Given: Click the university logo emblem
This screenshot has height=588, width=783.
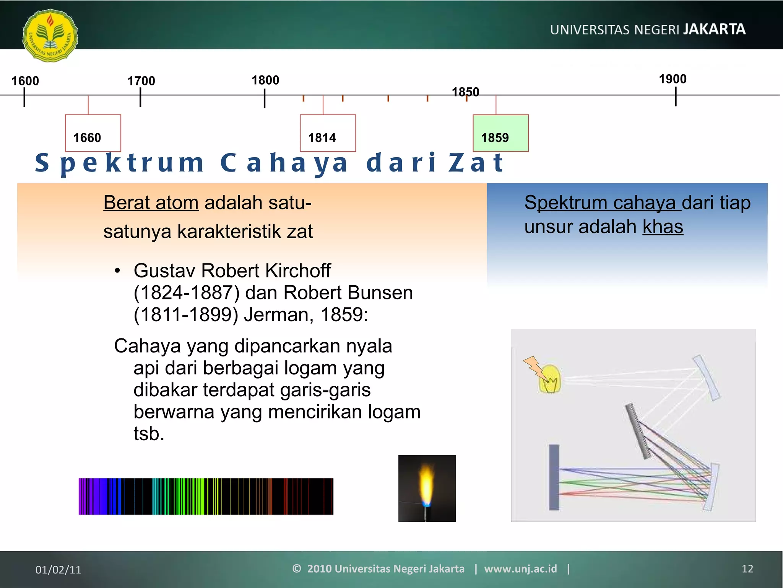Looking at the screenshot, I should pyautogui.click(x=50, y=35).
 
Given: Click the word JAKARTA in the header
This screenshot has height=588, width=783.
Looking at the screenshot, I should pyautogui.click(x=714, y=29).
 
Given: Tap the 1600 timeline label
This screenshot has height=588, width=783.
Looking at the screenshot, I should pyautogui.click(x=25, y=81).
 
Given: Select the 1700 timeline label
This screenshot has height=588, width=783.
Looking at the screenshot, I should pyautogui.click(x=141, y=81).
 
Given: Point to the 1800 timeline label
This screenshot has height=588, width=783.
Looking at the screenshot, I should pyautogui.click(x=265, y=80).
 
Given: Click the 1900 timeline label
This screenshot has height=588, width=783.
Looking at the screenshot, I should pyautogui.click(x=673, y=79).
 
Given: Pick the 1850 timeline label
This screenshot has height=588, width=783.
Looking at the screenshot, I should pyautogui.click(x=465, y=92).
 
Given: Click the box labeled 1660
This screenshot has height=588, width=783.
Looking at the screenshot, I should pyautogui.click(x=93, y=133).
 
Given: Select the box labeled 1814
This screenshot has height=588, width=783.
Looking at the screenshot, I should pyautogui.click(x=328, y=133).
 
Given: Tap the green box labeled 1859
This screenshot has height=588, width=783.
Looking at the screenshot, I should pyautogui.click(x=500, y=133).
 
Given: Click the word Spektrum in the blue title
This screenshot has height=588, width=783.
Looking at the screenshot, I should pyautogui.click(x=119, y=163).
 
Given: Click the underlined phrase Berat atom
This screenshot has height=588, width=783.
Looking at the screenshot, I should pyautogui.click(x=151, y=203).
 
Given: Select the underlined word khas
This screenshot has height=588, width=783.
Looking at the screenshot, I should pyautogui.click(x=662, y=227).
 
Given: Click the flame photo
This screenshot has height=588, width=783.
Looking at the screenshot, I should pyautogui.click(x=427, y=488).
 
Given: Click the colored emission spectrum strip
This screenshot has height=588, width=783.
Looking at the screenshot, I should pyautogui.click(x=206, y=496).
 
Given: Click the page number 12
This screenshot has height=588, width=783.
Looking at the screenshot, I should pyautogui.click(x=747, y=569).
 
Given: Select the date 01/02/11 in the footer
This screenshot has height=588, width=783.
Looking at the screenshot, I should pyautogui.click(x=58, y=570).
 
